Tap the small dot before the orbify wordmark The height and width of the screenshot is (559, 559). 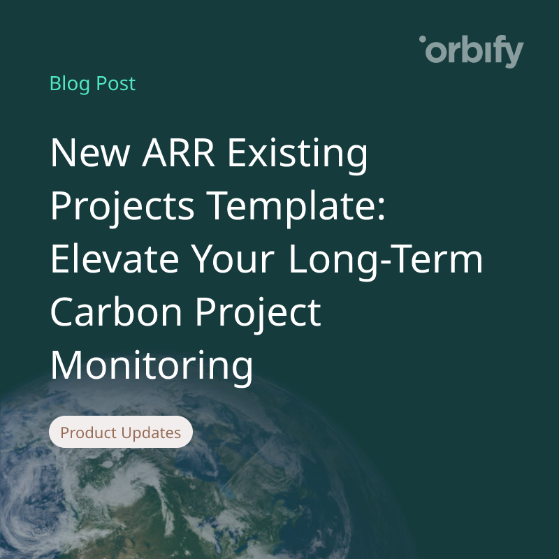click(x=422, y=41)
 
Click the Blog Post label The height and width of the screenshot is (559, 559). click(x=92, y=84)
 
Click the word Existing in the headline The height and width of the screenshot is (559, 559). click(x=300, y=154)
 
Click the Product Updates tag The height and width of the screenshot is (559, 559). click(x=120, y=433)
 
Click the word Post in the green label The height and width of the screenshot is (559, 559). click(x=116, y=84)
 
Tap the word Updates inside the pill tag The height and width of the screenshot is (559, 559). click(x=151, y=433)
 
